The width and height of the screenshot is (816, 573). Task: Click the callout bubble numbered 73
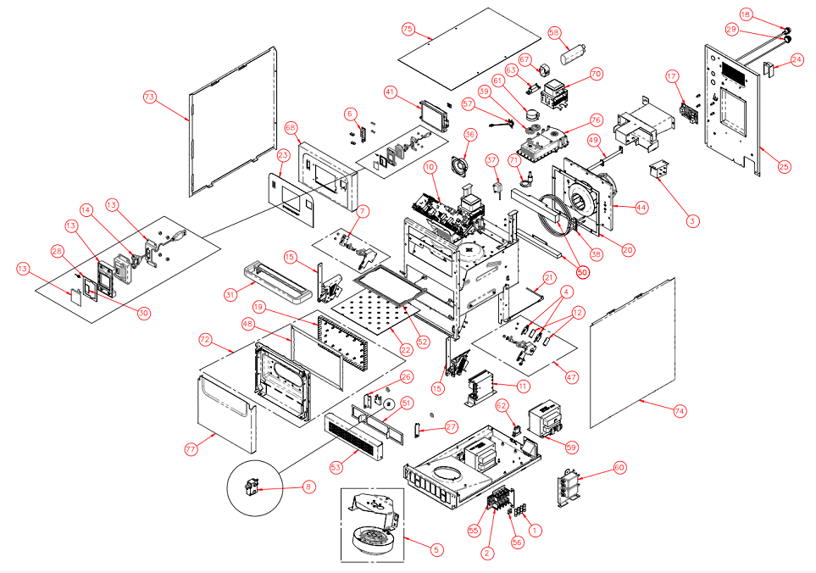(150, 98)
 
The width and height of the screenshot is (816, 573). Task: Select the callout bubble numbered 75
(408, 30)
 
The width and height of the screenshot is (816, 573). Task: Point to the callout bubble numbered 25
(784, 167)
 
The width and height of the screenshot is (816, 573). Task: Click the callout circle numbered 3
(693, 220)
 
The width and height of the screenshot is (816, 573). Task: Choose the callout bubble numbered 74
(680, 411)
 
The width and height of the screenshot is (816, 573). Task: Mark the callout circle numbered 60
(619, 467)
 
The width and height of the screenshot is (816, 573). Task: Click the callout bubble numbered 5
(436, 549)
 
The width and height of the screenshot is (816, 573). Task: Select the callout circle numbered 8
(308, 487)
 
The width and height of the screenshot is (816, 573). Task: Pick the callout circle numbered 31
(205, 295)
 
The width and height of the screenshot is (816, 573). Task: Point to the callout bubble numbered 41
(390, 91)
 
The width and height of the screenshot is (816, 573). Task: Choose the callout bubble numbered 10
(430, 167)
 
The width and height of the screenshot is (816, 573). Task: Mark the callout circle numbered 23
(283, 155)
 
